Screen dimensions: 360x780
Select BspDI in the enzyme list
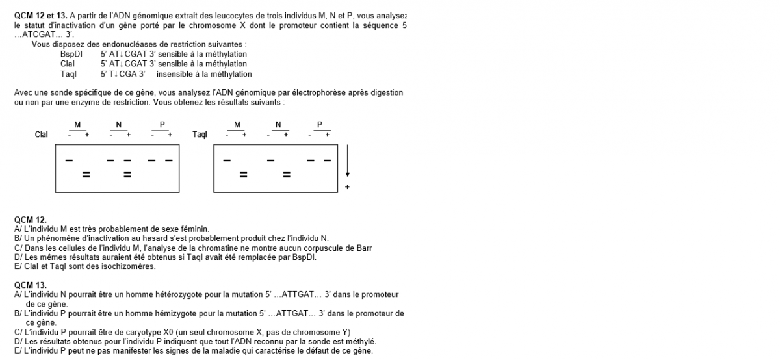click(x=71, y=54)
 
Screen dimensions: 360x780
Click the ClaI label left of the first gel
click(x=41, y=135)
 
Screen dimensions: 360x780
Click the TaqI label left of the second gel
click(x=200, y=135)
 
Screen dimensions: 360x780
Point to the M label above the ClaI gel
click(x=77, y=124)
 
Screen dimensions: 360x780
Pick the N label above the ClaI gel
click(x=119, y=124)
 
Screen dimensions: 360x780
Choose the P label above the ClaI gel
click(x=161, y=124)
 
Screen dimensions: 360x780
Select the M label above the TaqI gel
click(x=237, y=124)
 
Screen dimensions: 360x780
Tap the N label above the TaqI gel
click(x=278, y=124)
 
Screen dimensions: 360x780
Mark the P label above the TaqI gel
click(x=319, y=124)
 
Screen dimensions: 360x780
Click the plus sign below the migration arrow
click(x=347, y=187)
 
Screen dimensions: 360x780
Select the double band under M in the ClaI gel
click(x=85, y=174)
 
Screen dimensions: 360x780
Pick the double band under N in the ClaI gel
click(x=127, y=174)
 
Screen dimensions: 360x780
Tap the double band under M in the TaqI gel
click(x=244, y=174)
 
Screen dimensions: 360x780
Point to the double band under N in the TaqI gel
click(x=286, y=174)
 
